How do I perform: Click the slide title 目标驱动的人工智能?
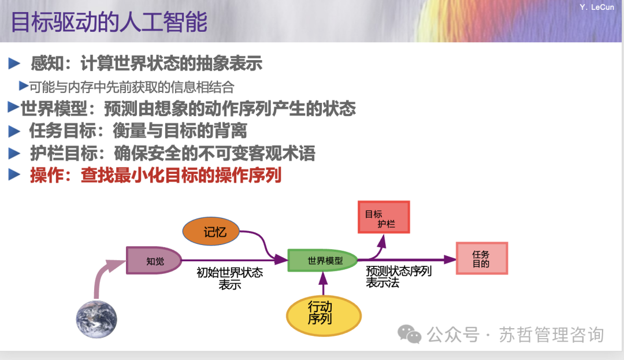pyautogui.click(x=109, y=23)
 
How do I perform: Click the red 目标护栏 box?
pyautogui.click(x=384, y=217)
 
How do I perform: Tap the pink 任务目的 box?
pyautogui.click(x=481, y=258)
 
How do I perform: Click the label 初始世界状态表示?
pyautogui.click(x=229, y=278)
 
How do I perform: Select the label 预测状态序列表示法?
pyautogui.click(x=399, y=277)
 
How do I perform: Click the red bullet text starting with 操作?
pyautogui.click(x=155, y=175)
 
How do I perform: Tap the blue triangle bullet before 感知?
pyautogui.click(x=14, y=63)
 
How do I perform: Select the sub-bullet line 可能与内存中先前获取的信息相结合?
pyautogui.click(x=132, y=87)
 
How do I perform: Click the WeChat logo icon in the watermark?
pyautogui.click(x=410, y=334)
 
